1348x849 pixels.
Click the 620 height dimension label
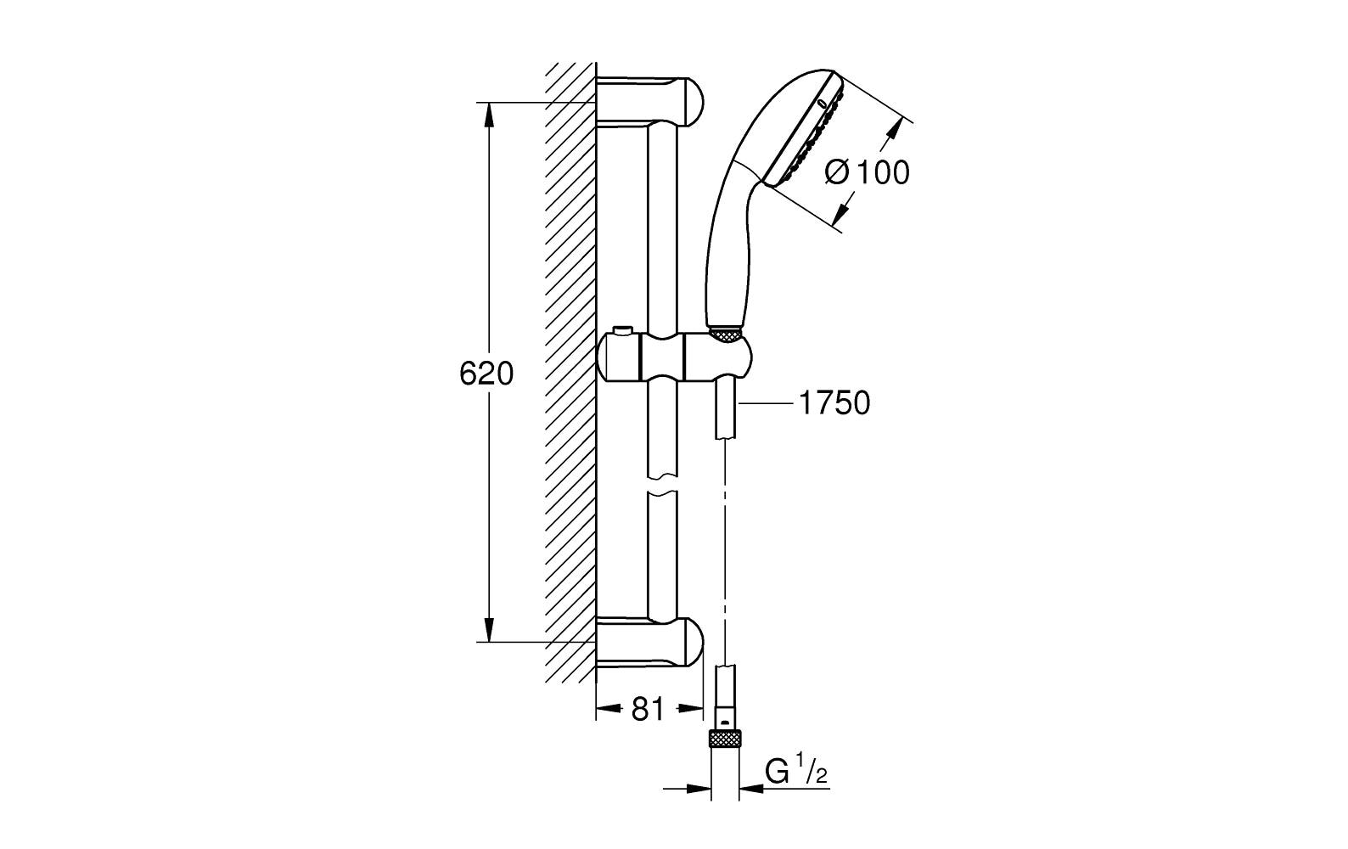486,374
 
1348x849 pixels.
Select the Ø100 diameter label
867,172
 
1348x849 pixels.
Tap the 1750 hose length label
834,403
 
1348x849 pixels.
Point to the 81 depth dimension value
648,709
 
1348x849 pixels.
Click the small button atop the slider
625,329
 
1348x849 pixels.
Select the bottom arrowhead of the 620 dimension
489,632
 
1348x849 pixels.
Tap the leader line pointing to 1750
764,404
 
